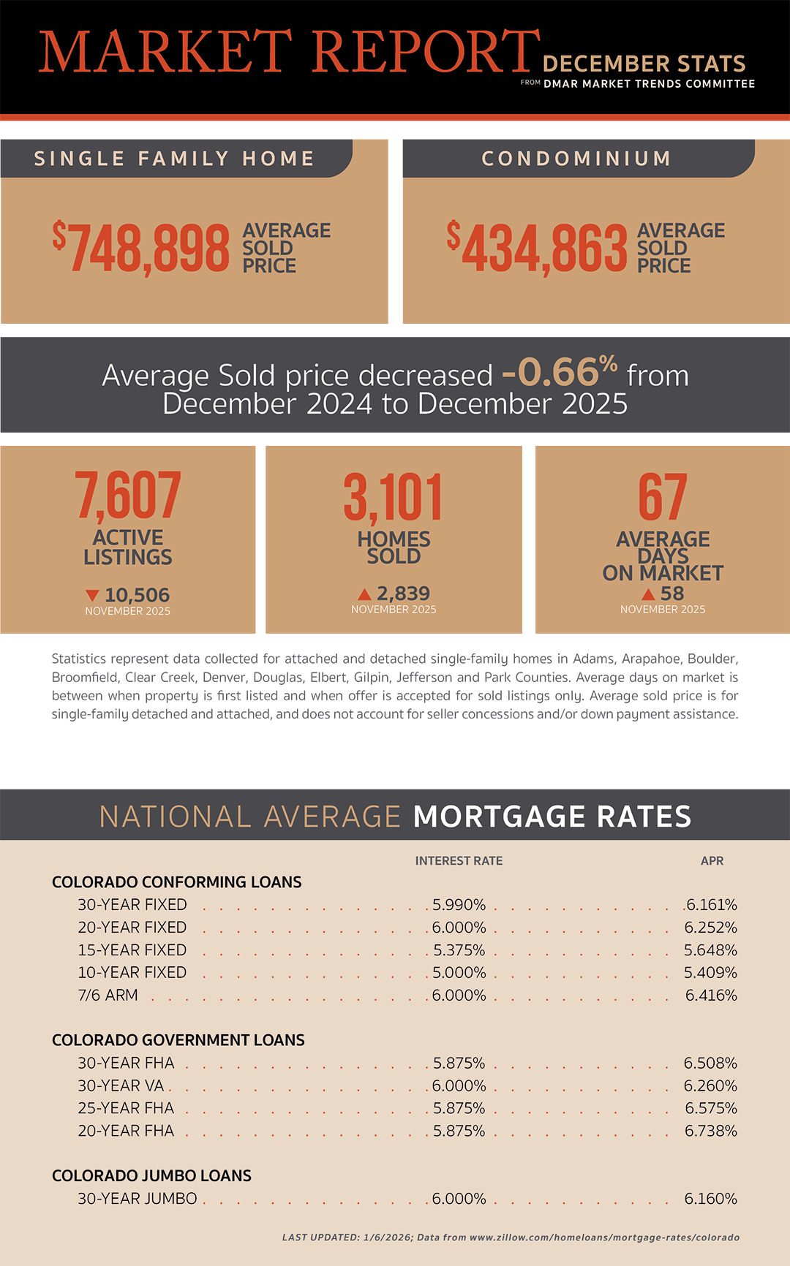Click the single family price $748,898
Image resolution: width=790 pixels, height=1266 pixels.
(x=142, y=249)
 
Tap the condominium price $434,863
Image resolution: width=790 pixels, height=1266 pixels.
(x=538, y=249)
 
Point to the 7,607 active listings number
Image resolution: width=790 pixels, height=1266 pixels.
(x=128, y=496)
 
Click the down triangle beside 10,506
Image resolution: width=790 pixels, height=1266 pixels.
(x=92, y=596)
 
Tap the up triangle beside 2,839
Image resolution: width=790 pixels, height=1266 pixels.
(x=364, y=594)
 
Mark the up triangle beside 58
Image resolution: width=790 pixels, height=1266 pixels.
(x=648, y=594)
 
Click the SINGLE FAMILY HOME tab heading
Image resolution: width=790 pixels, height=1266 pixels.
(x=174, y=159)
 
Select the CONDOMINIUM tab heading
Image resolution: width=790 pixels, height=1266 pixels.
(x=576, y=159)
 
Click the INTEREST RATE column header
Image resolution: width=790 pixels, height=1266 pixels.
(x=459, y=861)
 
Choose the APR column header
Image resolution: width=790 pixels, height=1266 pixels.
(x=712, y=861)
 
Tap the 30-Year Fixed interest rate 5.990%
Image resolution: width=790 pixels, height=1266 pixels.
(x=459, y=905)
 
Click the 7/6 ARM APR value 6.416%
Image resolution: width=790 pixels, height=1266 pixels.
(x=711, y=996)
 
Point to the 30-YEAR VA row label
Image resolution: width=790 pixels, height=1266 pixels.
(x=121, y=1086)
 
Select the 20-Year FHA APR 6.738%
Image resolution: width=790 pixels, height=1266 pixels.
(x=711, y=1132)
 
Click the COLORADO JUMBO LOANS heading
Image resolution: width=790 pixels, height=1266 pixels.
(x=151, y=1176)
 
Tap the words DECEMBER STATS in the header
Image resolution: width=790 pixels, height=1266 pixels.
(x=644, y=64)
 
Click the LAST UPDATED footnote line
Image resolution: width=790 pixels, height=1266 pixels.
(x=511, y=1237)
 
